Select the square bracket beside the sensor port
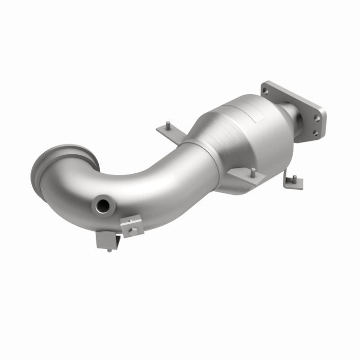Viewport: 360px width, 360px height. pyautogui.click(x=132, y=226)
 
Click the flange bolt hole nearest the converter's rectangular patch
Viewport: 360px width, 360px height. pyautogui.click(x=265, y=92)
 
